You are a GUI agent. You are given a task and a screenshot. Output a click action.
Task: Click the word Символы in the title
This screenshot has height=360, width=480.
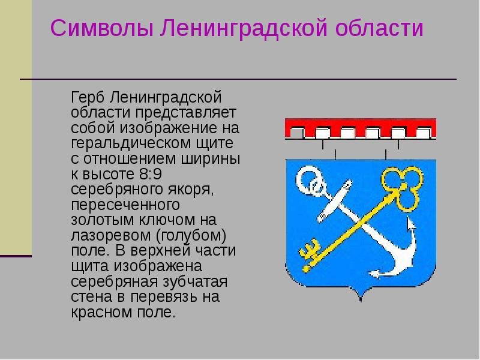(x=101, y=28)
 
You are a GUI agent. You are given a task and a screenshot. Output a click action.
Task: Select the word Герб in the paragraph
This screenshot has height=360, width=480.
(x=88, y=98)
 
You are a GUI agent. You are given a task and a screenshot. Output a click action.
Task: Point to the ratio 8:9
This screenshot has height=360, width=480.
(x=151, y=174)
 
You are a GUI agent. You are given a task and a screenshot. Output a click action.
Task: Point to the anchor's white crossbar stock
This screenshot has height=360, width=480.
(x=335, y=201)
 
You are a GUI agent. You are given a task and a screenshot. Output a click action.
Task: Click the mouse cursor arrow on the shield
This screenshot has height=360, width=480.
(x=411, y=224)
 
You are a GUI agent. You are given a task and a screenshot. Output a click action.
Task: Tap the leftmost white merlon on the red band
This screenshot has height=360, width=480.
(x=296, y=133)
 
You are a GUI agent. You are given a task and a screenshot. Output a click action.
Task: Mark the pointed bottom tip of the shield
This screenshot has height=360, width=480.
(x=361, y=301)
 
